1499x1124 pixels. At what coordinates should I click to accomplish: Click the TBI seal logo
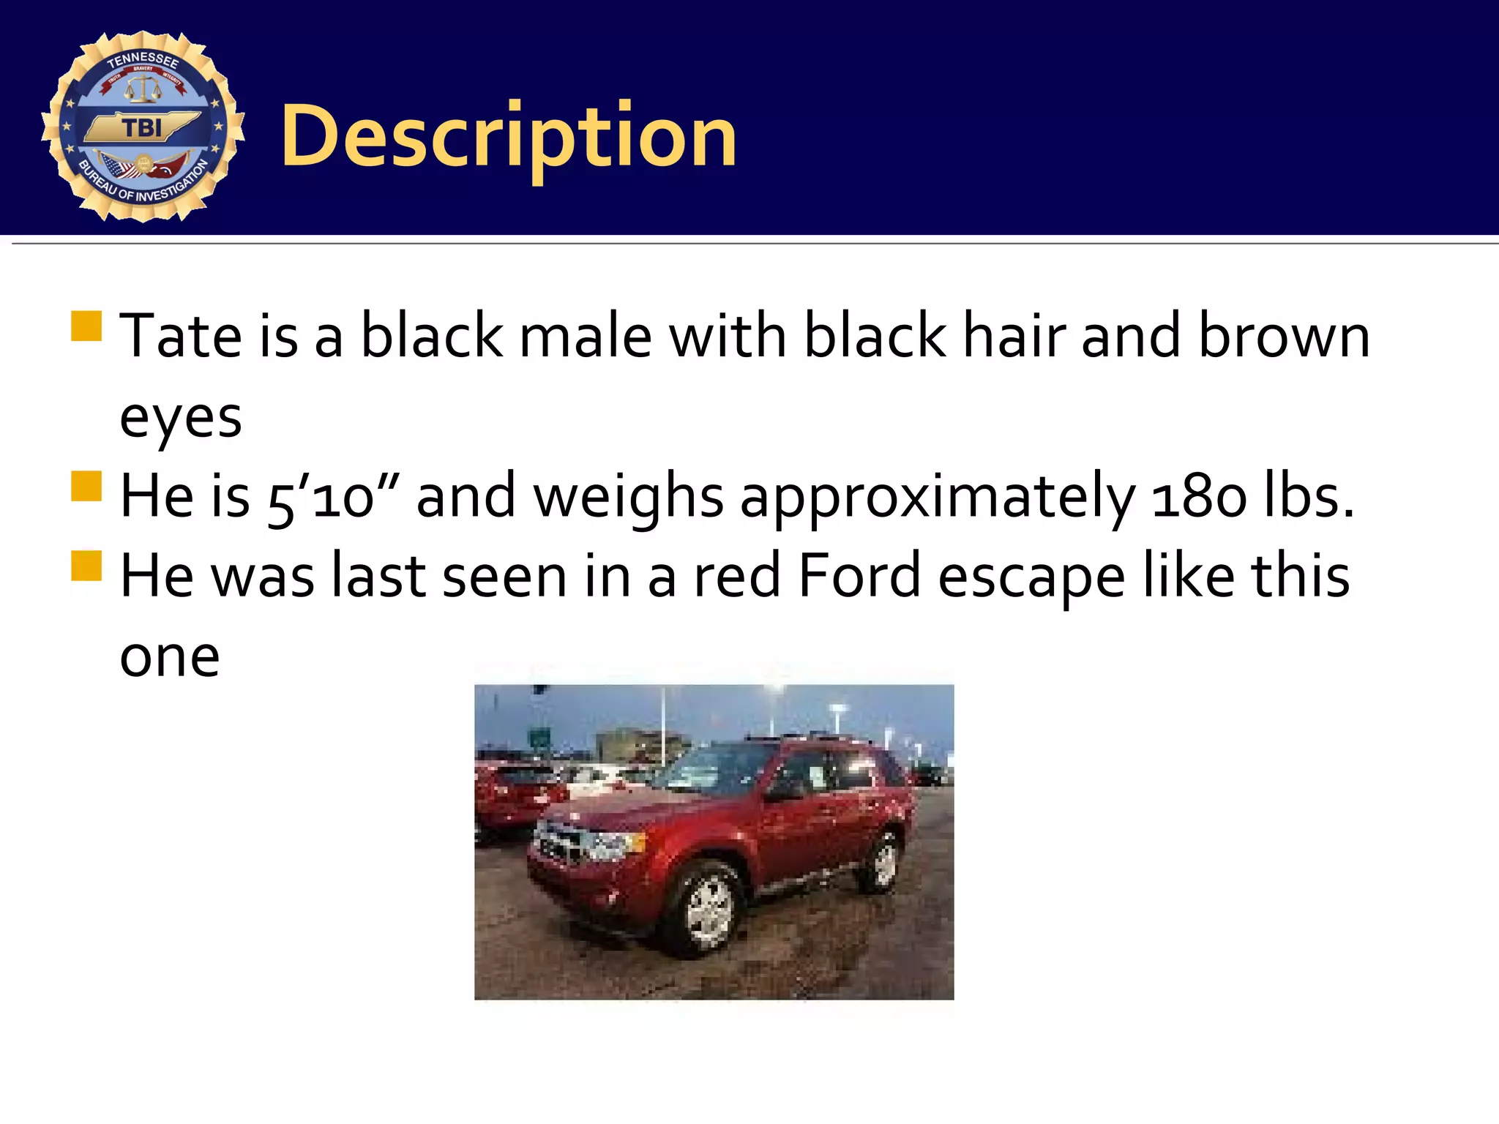coord(143,126)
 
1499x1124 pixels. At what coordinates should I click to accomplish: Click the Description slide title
coord(508,136)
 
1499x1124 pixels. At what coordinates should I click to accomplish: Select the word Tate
coord(180,336)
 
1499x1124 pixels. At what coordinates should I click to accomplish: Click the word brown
coord(1284,336)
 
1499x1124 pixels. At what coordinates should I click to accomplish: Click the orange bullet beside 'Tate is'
coord(86,326)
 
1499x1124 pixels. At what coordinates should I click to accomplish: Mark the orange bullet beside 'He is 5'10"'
coord(86,487)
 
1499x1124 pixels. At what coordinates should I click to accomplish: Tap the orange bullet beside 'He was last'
coord(86,566)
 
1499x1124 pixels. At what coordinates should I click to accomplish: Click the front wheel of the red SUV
coord(708,910)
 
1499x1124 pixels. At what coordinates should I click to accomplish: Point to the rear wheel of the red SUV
coord(884,862)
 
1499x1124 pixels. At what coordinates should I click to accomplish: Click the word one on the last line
coord(170,657)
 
